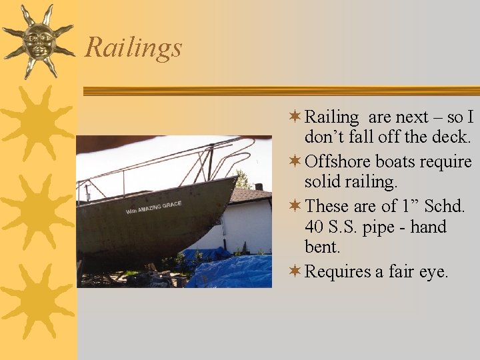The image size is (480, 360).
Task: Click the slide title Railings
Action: (133, 47)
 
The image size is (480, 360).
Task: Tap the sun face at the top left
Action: (38, 41)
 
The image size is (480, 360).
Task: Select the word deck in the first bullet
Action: (450, 137)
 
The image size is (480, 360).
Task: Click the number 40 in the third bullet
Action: (315, 227)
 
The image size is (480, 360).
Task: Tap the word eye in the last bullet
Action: (433, 273)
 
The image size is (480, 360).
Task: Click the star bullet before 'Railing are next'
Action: (294, 117)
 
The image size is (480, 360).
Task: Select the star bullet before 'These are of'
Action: (294, 206)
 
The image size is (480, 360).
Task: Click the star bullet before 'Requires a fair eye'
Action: (294, 271)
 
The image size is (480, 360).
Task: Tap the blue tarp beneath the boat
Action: (230, 272)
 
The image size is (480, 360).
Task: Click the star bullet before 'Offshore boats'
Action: (294, 161)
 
